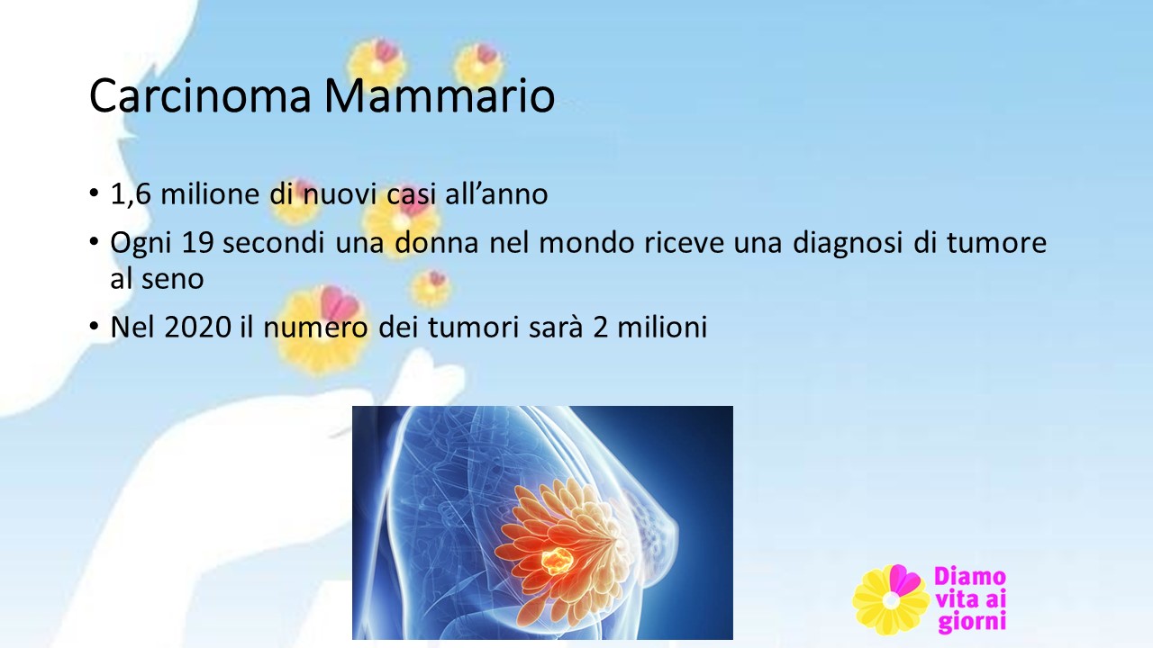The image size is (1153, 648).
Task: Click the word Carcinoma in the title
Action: [x=200, y=95]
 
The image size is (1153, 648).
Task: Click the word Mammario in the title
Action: [x=440, y=95]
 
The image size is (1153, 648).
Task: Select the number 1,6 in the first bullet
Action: [x=131, y=194]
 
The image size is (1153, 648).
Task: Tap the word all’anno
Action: [x=496, y=193]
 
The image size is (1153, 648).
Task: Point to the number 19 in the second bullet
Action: [x=197, y=243]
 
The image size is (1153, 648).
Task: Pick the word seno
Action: [x=172, y=279]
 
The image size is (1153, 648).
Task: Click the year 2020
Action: [x=197, y=327]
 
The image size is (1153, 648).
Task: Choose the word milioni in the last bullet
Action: [x=662, y=326]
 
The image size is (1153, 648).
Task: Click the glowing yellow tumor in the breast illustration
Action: [x=557, y=562]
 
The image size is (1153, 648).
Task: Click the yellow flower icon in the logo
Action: [x=891, y=599]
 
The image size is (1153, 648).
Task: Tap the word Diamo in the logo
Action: [x=970, y=577]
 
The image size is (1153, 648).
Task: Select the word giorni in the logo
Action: [x=972, y=621]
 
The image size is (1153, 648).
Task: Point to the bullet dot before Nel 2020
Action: [x=94, y=326]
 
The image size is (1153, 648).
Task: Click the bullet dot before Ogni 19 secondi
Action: [x=94, y=242]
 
